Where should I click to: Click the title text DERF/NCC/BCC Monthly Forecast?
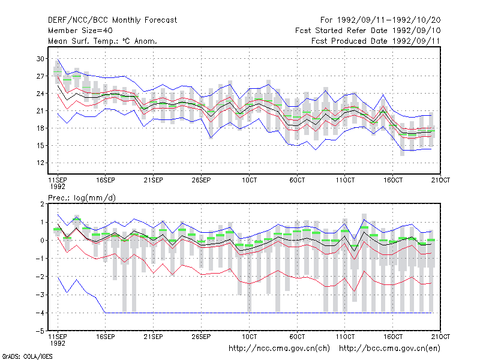(112, 20)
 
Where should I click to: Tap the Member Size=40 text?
(80, 31)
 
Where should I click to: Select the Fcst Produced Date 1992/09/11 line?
(376, 41)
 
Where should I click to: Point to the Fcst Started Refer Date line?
(368, 31)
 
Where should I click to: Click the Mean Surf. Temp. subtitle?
(102, 41)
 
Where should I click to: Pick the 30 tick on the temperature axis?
(40, 59)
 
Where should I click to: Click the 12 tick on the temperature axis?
(40, 163)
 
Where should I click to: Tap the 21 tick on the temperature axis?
(40, 111)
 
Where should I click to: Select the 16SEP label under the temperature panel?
(106, 180)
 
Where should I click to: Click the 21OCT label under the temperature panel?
(440, 180)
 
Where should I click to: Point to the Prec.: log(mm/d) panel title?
(82, 198)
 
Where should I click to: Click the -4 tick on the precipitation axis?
(40, 313)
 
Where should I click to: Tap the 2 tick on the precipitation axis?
(42, 204)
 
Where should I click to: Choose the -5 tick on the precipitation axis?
(40, 331)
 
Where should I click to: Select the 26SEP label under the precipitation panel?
(201, 337)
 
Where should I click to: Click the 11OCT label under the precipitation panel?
(345, 337)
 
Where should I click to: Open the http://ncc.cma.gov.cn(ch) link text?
(279, 349)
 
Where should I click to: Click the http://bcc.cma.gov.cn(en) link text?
(389, 349)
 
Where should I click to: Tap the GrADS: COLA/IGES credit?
(27, 356)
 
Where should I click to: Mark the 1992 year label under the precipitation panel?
(58, 343)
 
